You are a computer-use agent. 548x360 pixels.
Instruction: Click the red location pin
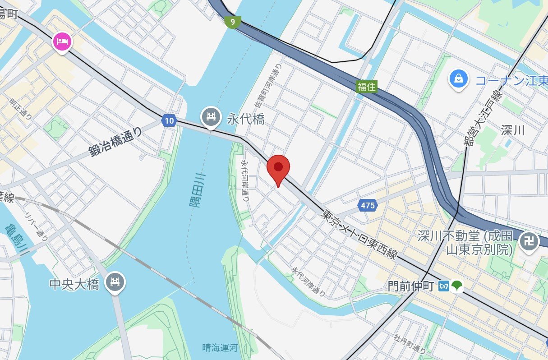(278, 168)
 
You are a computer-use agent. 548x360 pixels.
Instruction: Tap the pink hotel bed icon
(62, 42)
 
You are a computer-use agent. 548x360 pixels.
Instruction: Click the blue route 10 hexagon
(168, 120)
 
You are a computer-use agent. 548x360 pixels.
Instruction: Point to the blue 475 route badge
(367, 206)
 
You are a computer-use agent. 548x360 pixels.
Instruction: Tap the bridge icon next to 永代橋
(210, 117)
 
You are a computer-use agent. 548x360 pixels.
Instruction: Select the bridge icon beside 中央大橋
(115, 282)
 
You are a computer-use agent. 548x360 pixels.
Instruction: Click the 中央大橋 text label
(74, 284)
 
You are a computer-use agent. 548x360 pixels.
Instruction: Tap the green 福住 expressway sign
(366, 86)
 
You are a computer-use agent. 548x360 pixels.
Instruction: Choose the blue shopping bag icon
(459, 79)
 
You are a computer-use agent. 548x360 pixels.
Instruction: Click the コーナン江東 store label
(511, 81)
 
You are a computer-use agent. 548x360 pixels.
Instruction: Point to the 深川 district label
(513, 130)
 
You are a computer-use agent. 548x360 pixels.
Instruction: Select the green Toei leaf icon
(457, 285)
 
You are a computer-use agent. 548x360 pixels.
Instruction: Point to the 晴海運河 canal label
(220, 347)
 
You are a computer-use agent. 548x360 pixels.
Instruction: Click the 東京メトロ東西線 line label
(359, 235)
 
